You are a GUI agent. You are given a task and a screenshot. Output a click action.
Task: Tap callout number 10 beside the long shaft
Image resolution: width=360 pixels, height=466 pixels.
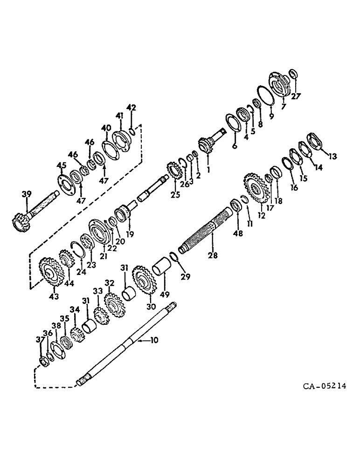(x=154, y=341)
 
